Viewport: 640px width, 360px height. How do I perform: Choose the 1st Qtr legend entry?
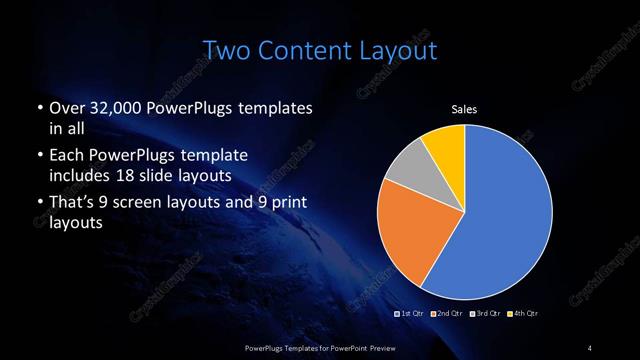409,314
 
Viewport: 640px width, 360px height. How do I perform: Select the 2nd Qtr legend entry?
446,314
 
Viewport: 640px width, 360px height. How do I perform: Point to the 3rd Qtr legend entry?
484,314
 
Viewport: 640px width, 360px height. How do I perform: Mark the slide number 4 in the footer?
590,347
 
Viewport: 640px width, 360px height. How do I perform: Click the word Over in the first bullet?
66,108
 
